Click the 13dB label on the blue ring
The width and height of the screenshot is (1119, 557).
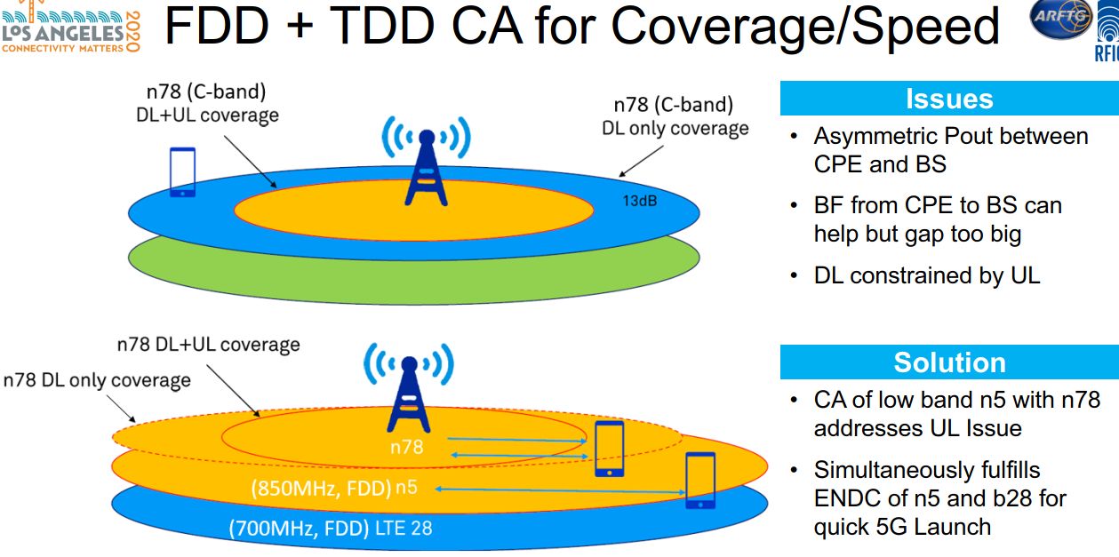(639, 201)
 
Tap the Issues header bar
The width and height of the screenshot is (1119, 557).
(949, 99)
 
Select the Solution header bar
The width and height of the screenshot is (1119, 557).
(949, 362)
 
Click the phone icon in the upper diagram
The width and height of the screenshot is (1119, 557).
(182, 172)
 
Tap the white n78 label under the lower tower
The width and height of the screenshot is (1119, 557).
(407, 447)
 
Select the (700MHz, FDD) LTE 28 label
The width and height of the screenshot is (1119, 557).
(331, 528)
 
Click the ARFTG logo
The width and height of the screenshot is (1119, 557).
(1061, 19)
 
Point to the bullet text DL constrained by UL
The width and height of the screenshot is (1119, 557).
(927, 275)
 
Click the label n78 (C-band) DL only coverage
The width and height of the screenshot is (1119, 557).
(675, 116)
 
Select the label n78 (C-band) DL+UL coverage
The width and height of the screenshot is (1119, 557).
(207, 103)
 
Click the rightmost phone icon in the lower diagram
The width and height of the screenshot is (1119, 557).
(700, 480)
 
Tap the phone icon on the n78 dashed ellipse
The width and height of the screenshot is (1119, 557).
(610, 449)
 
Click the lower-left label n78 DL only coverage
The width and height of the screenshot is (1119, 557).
(97, 380)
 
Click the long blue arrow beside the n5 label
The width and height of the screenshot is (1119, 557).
(560, 490)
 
